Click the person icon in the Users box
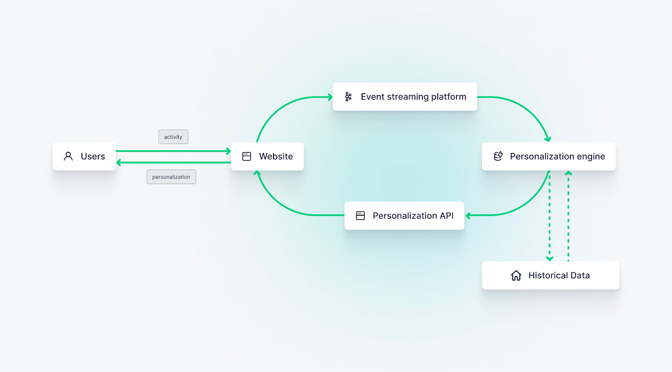tap(68, 156)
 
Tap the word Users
tap(93, 156)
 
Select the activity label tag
tap(173, 137)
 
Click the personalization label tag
tap(171, 177)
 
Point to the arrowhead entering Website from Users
tap(228, 151)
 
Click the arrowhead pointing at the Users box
tap(119, 163)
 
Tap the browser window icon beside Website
tap(247, 156)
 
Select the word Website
tap(276, 156)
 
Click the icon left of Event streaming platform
tap(348, 97)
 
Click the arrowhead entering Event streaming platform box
tap(330, 97)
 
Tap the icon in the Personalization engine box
tap(498, 156)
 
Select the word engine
tap(591, 157)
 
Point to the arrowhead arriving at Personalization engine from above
tap(548, 139)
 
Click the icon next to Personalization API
tap(360, 216)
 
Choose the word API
tap(446, 216)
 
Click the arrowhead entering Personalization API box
tap(468, 216)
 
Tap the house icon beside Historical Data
tap(516, 276)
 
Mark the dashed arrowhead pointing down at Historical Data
tap(549, 259)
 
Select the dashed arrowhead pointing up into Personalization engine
tap(568, 173)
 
